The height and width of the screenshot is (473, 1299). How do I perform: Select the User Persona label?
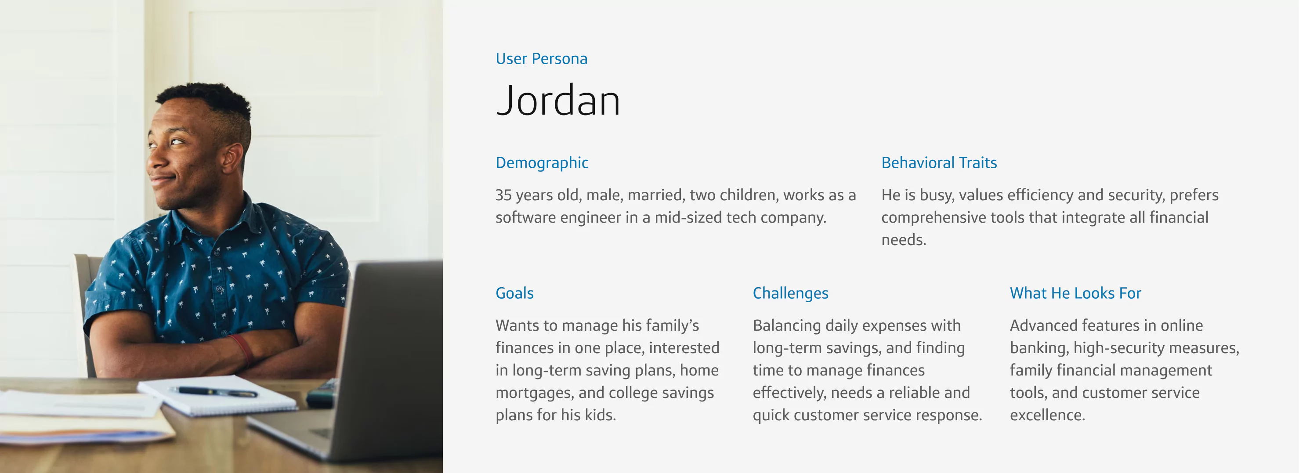click(x=541, y=59)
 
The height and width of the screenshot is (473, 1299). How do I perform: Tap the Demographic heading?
click(x=542, y=163)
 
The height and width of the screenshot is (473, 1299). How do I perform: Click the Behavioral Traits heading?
click(x=938, y=163)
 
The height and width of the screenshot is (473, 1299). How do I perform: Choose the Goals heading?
click(x=514, y=293)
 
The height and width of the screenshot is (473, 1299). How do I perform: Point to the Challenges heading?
click(x=790, y=293)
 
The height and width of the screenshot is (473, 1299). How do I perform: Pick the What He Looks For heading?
click(x=1075, y=293)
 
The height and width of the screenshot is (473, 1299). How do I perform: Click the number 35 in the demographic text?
click(x=503, y=195)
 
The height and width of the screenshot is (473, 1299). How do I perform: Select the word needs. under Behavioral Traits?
click(x=903, y=240)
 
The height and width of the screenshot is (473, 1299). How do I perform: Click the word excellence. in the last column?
click(x=1047, y=415)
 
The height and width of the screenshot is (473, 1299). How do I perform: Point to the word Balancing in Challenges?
click(x=786, y=326)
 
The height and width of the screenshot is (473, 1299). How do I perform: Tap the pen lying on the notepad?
click(x=214, y=391)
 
